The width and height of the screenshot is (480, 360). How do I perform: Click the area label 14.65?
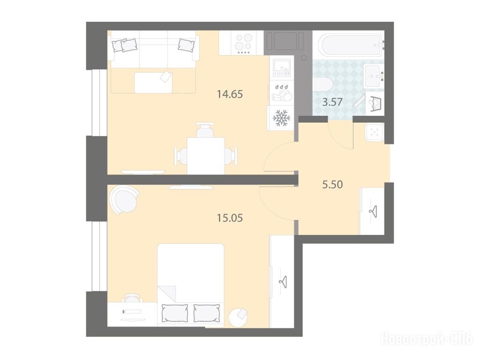(x=229, y=94)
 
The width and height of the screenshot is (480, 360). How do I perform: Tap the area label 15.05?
(x=229, y=218)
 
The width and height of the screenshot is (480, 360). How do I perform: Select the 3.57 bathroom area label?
(x=332, y=102)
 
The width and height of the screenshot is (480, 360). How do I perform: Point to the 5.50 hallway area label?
(x=333, y=184)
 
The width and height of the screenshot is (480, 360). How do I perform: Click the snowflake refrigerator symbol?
(x=281, y=118)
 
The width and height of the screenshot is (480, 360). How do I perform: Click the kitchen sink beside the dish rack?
(x=281, y=68)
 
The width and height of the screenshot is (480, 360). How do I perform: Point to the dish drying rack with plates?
(x=282, y=93)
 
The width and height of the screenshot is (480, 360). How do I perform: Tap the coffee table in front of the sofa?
(x=154, y=82)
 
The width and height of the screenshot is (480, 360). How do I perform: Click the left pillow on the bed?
(x=175, y=313)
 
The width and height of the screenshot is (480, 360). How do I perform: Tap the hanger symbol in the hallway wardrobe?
(x=373, y=211)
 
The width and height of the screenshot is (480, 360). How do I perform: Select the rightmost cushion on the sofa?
(x=186, y=45)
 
